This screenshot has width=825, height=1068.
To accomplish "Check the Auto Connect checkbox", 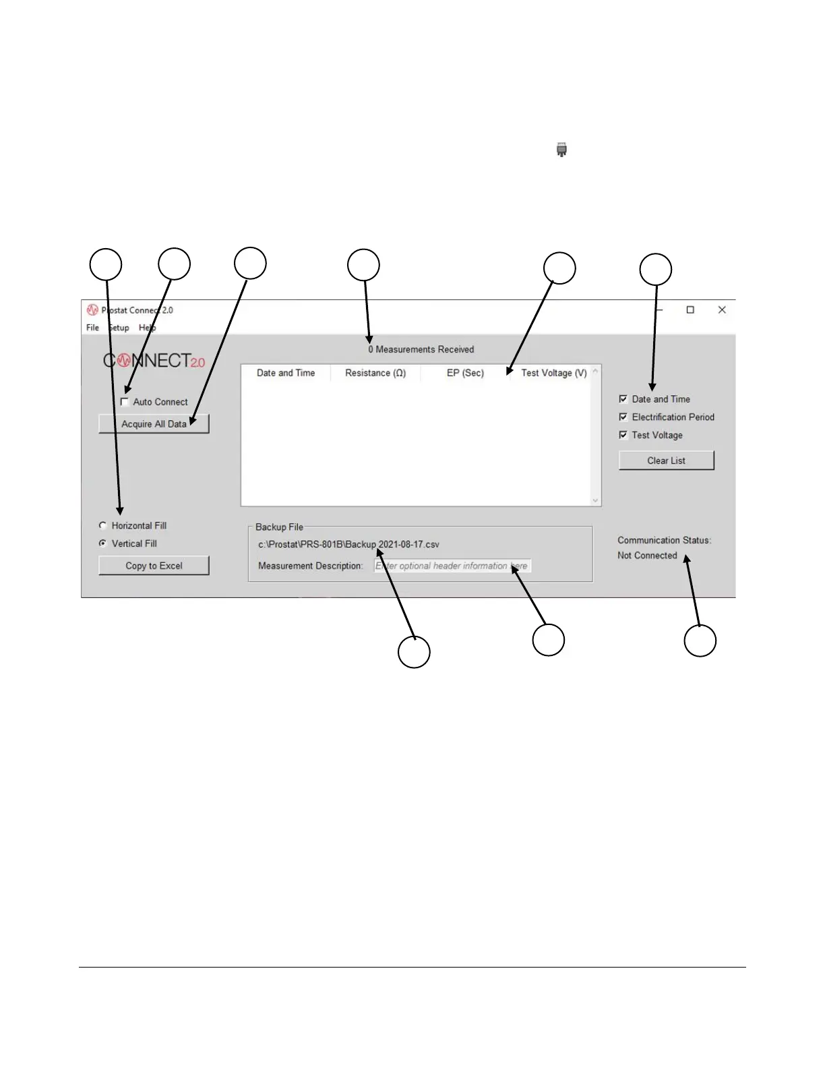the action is (x=125, y=402).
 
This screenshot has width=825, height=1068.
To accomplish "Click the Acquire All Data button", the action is (x=154, y=424).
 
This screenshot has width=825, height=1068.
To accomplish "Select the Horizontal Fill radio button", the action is (x=103, y=526).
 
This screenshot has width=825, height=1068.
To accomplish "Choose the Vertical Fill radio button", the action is (x=103, y=543).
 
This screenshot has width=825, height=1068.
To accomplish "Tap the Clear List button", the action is (x=666, y=461).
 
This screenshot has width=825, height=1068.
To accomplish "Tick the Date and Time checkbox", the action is (x=623, y=399).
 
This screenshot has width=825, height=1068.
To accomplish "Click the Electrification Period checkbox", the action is (x=623, y=417).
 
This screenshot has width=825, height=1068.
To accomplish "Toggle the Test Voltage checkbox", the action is (x=623, y=436).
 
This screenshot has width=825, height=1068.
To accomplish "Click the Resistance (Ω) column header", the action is (x=375, y=373).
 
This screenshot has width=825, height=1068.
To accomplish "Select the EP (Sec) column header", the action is (x=465, y=373).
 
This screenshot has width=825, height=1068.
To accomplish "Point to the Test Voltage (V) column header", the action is (x=553, y=373).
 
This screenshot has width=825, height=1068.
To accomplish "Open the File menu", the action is (x=92, y=328).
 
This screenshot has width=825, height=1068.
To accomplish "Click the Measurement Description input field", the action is (x=452, y=566).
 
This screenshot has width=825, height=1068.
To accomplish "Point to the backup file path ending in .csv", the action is (x=348, y=545).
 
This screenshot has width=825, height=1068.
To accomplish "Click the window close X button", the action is (x=722, y=310).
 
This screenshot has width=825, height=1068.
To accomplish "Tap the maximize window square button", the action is (x=690, y=310).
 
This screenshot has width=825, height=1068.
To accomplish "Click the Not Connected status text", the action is (x=647, y=556).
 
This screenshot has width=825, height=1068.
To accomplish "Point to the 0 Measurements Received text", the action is (x=421, y=349).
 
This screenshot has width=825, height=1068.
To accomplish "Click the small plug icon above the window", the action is (x=561, y=150).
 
